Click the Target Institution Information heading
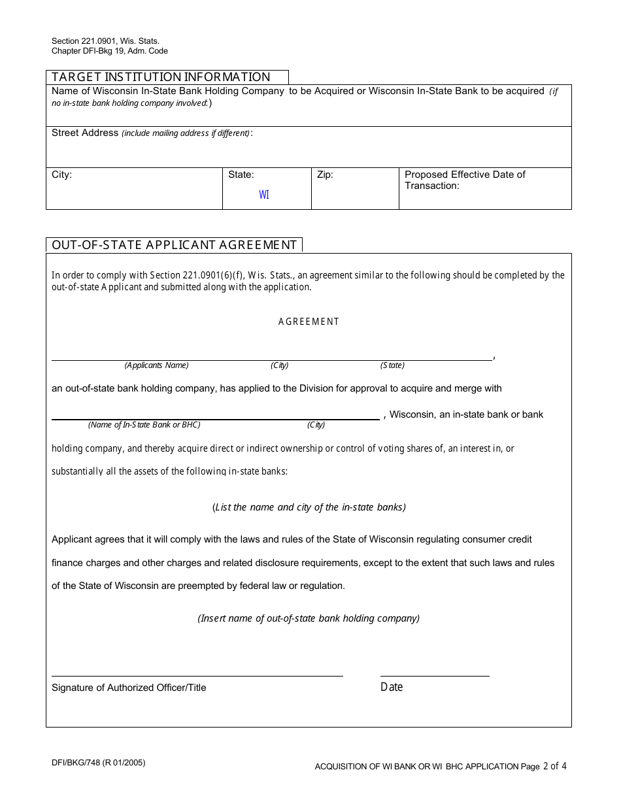tap(161, 77)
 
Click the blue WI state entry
tap(264, 195)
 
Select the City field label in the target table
tap(62, 175)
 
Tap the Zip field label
tap(325, 175)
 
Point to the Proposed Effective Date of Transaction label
tap(465, 180)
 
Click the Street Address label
tap(85, 133)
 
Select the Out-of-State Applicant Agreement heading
tap(175, 245)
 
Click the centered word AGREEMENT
tap(309, 322)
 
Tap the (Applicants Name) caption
tap(156, 365)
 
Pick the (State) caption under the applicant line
tap(392, 365)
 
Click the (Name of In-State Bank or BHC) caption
tap(144, 425)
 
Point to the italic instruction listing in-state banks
tap(309, 507)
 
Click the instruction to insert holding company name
tap(309, 618)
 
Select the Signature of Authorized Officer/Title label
tap(129, 688)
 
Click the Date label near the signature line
tap(392, 687)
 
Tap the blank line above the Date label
tap(435, 676)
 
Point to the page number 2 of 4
tap(554, 766)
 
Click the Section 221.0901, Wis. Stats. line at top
tap(106, 41)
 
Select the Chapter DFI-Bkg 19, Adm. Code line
tap(110, 51)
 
